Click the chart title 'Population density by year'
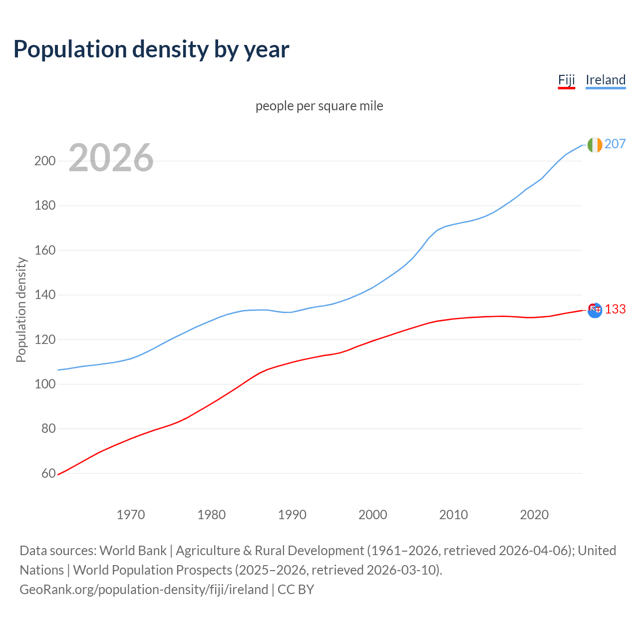(151, 49)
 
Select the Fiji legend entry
(566, 80)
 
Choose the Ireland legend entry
(605, 80)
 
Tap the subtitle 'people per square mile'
(319, 106)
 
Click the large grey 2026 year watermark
(111, 158)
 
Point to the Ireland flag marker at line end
(595, 144)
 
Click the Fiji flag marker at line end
(595, 310)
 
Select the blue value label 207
(615, 144)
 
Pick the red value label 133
(615, 310)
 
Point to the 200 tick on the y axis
(44, 161)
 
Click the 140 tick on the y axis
(44, 295)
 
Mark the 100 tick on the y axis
(44, 384)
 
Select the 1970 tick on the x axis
(131, 514)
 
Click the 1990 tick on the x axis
(292, 514)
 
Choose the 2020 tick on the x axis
(534, 514)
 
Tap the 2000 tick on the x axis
(373, 514)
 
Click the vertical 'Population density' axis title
(21, 310)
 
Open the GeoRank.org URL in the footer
(144, 589)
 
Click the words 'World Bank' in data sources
(133, 550)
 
